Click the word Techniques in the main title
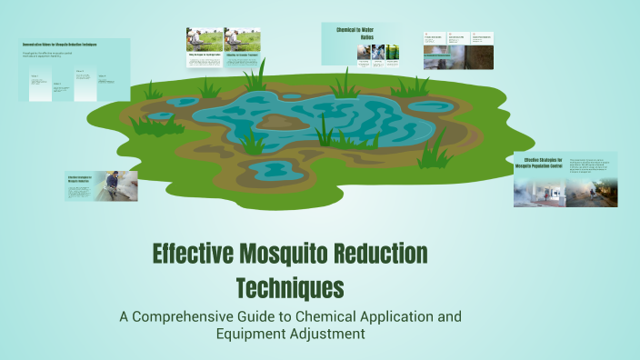tap(290, 287)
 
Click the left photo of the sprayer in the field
tap(204, 38)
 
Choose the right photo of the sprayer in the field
tap(241, 38)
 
